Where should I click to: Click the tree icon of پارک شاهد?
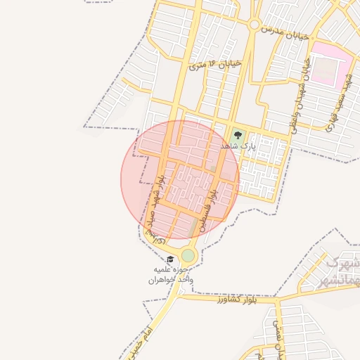[236, 135]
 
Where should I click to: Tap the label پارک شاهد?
[236, 146]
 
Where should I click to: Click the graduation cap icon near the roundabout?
[169, 260]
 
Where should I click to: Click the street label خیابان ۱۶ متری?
[215, 65]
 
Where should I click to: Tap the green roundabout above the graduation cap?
[188, 255]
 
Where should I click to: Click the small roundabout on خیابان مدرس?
[254, 25]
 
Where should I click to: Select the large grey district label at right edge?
[341, 271]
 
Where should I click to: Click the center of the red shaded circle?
[180, 181]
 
